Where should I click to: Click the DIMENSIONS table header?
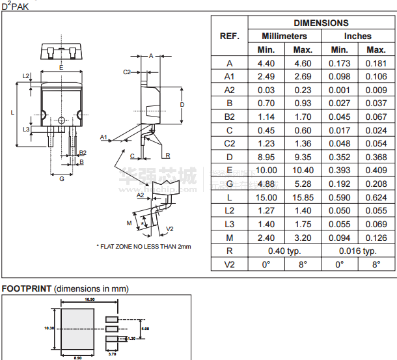tap(321, 23)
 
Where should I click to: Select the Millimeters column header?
tap(284, 36)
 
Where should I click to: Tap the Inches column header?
tap(357, 36)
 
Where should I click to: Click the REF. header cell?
tap(229, 36)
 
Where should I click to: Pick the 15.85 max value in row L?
tap(303, 197)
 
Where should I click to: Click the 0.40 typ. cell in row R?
tap(284, 251)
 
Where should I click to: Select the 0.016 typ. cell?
tap(357, 251)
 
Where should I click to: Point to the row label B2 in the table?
tap(229, 117)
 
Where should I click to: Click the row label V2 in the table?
tap(229, 264)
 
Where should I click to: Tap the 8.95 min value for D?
tap(267, 157)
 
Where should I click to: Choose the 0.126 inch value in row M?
tap(376, 238)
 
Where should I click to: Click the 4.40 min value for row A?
tap(267, 63)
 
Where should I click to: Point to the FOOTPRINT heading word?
tap(26, 288)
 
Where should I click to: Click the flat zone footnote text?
tap(144, 247)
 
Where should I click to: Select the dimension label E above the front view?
tap(61, 67)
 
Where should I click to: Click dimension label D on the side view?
tap(182, 104)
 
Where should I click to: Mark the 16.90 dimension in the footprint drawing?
tap(90, 299)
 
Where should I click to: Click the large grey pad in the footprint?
tap(77, 329)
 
